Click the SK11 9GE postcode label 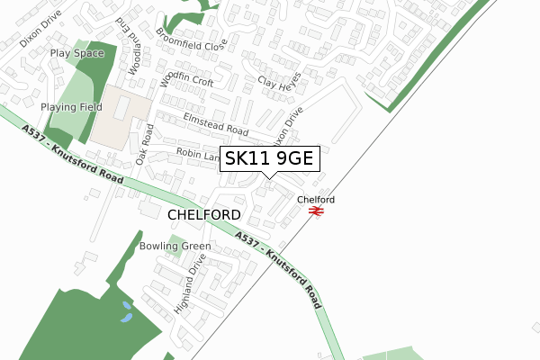[x=268, y=158]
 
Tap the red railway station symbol [x=316, y=211]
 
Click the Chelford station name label [x=316, y=199]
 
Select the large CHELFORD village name [x=204, y=215]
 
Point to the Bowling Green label [x=175, y=246]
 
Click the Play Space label [x=77, y=53]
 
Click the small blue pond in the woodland [x=126, y=312]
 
